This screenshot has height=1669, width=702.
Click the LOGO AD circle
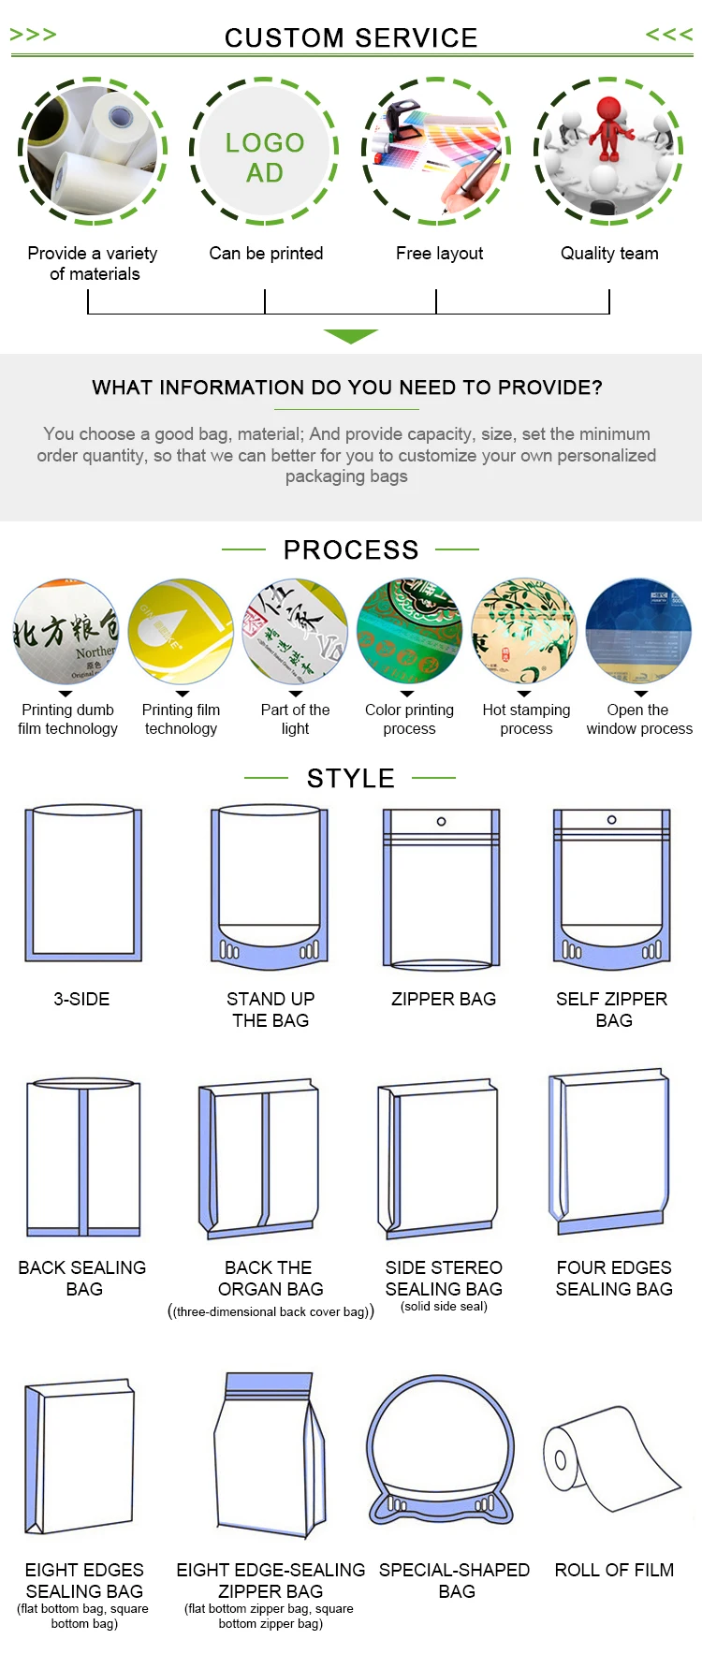(x=265, y=150)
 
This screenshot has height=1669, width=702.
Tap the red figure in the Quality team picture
(x=608, y=126)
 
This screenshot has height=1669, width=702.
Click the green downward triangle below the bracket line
(x=351, y=336)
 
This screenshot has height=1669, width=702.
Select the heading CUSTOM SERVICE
(x=351, y=37)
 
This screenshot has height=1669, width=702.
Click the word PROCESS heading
(x=351, y=549)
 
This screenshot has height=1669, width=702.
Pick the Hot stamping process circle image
(x=524, y=630)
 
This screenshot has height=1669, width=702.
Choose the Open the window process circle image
(x=639, y=630)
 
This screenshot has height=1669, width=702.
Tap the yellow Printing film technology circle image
(x=181, y=630)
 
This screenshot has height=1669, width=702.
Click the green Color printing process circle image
(x=410, y=630)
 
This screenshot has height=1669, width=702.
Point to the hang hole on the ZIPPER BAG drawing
(x=442, y=821)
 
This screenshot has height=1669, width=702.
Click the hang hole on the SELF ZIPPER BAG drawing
(x=612, y=820)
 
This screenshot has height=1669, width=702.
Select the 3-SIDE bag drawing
(x=83, y=883)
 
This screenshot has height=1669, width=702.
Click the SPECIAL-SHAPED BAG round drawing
(x=440, y=1450)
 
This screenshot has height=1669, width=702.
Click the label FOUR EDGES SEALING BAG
(x=614, y=1278)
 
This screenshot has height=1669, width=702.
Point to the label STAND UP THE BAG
(x=271, y=1009)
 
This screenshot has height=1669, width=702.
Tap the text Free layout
(x=440, y=253)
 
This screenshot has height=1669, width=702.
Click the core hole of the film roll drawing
(x=561, y=1459)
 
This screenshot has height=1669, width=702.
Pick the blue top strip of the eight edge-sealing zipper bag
(x=271, y=1382)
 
